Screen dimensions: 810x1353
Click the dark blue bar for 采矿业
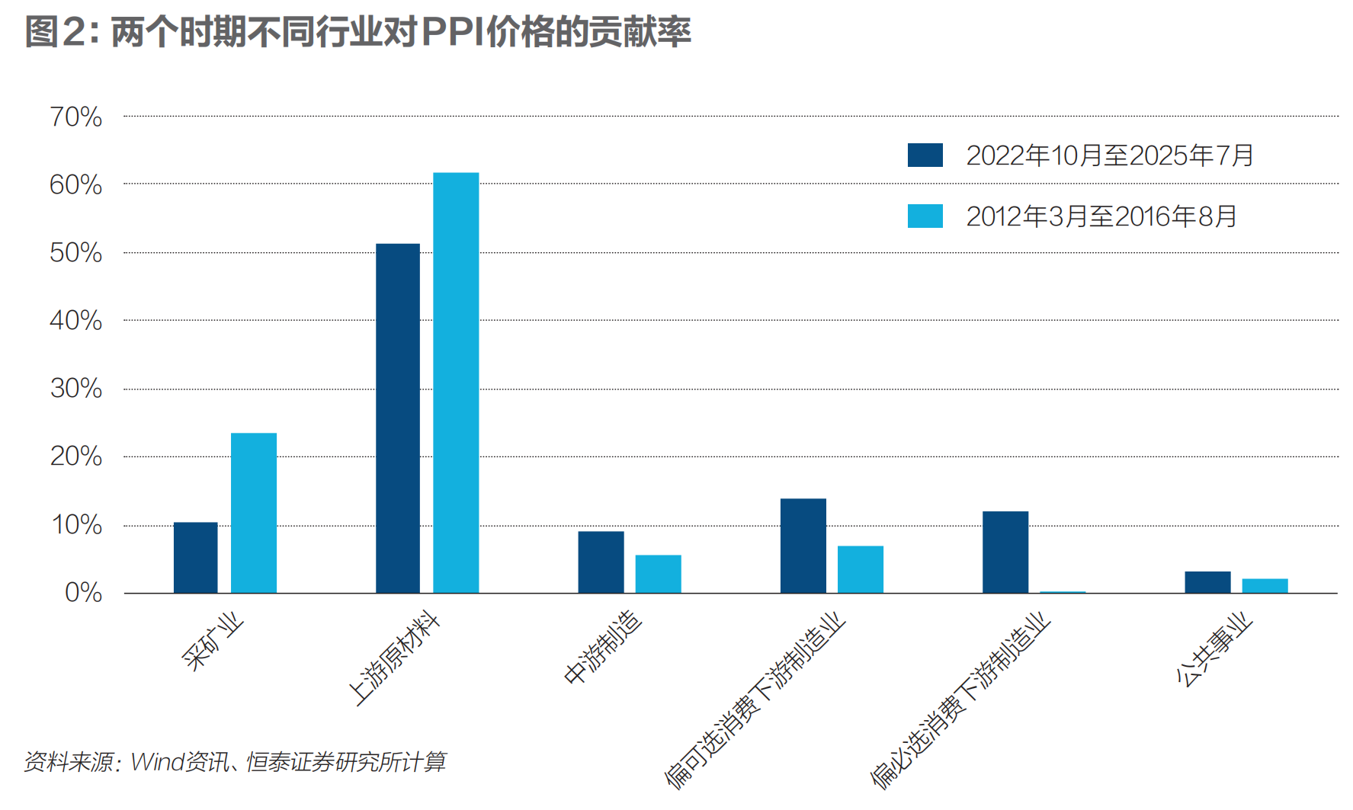click(195, 558)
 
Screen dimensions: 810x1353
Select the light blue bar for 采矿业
click(253, 513)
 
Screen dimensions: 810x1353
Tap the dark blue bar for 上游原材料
click(397, 418)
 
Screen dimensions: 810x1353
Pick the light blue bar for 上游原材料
click(456, 383)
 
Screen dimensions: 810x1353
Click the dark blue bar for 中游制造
click(601, 562)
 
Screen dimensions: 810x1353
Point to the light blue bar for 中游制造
click(658, 574)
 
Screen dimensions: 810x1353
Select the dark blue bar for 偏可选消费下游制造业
click(803, 546)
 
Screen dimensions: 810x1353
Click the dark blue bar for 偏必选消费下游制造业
click(1005, 552)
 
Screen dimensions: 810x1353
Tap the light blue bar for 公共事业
click(1265, 586)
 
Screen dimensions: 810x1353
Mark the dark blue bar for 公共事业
click(1207, 582)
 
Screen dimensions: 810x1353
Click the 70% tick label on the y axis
click(75, 117)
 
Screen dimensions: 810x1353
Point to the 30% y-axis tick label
click(75, 389)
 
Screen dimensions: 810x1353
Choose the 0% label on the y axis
click(83, 593)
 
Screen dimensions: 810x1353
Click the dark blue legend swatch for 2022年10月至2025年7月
click(925, 155)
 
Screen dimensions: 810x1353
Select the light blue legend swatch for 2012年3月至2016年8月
click(925, 216)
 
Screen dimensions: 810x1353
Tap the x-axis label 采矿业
click(213, 642)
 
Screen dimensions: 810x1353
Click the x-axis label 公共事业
click(1214, 649)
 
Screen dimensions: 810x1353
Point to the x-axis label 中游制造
click(602, 647)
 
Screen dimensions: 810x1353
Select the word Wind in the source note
click(157, 761)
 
